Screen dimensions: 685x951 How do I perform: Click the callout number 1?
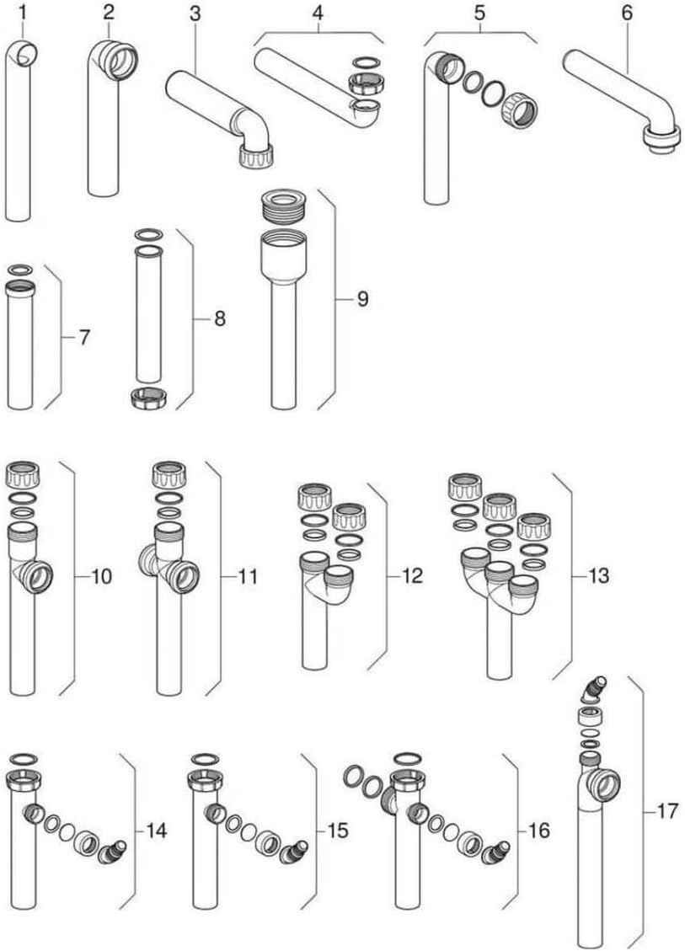click(23, 12)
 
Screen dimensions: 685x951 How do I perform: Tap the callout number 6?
click(627, 12)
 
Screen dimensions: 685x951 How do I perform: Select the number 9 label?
click(362, 299)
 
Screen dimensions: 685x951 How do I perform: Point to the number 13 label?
click(598, 575)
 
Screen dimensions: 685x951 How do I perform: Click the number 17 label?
click(666, 811)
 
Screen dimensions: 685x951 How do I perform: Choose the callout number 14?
click(156, 831)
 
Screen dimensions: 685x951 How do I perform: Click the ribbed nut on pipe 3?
click(254, 156)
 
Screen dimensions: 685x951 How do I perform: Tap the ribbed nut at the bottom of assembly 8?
click(148, 398)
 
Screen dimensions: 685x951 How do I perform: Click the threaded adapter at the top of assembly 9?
click(283, 207)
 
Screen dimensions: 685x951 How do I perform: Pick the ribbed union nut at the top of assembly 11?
click(169, 475)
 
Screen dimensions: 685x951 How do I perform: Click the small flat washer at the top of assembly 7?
click(20, 269)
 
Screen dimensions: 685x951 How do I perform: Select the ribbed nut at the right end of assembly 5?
click(519, 110)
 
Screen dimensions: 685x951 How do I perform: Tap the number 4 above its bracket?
click(318, 12)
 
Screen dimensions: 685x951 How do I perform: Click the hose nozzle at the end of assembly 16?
click(495, 852)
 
